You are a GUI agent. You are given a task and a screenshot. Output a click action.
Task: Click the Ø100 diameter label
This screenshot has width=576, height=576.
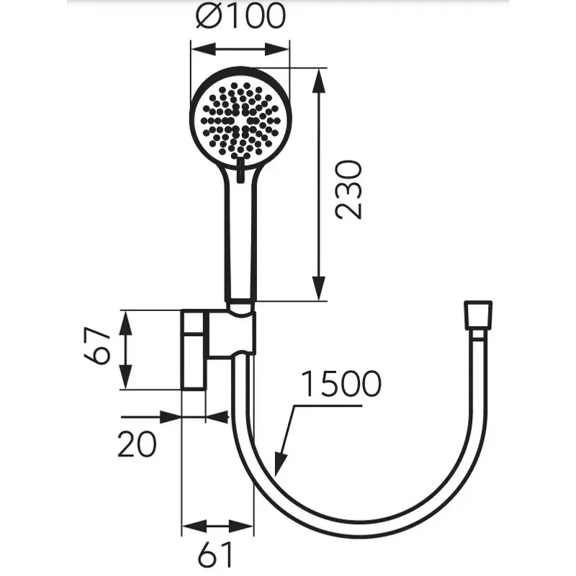[240, 16]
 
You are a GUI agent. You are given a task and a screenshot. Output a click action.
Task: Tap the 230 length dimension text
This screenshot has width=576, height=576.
[348, 190]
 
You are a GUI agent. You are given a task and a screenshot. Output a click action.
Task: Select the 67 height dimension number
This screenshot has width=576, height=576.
[96, 346]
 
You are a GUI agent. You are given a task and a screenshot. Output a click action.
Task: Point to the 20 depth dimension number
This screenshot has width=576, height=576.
[137, 444]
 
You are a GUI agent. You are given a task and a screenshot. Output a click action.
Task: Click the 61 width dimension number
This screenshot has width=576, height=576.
[215, 554]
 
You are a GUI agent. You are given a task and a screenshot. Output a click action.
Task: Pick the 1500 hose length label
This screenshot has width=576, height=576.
[341, 384]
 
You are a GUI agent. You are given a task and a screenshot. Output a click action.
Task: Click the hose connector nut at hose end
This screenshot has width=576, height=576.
[478, 315]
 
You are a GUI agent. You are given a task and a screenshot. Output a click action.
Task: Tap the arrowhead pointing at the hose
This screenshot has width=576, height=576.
[280, 464]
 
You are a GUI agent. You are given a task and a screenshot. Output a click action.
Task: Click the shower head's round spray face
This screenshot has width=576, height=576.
[240, 120]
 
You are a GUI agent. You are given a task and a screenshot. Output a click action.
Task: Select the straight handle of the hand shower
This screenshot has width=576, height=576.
[240, 235]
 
